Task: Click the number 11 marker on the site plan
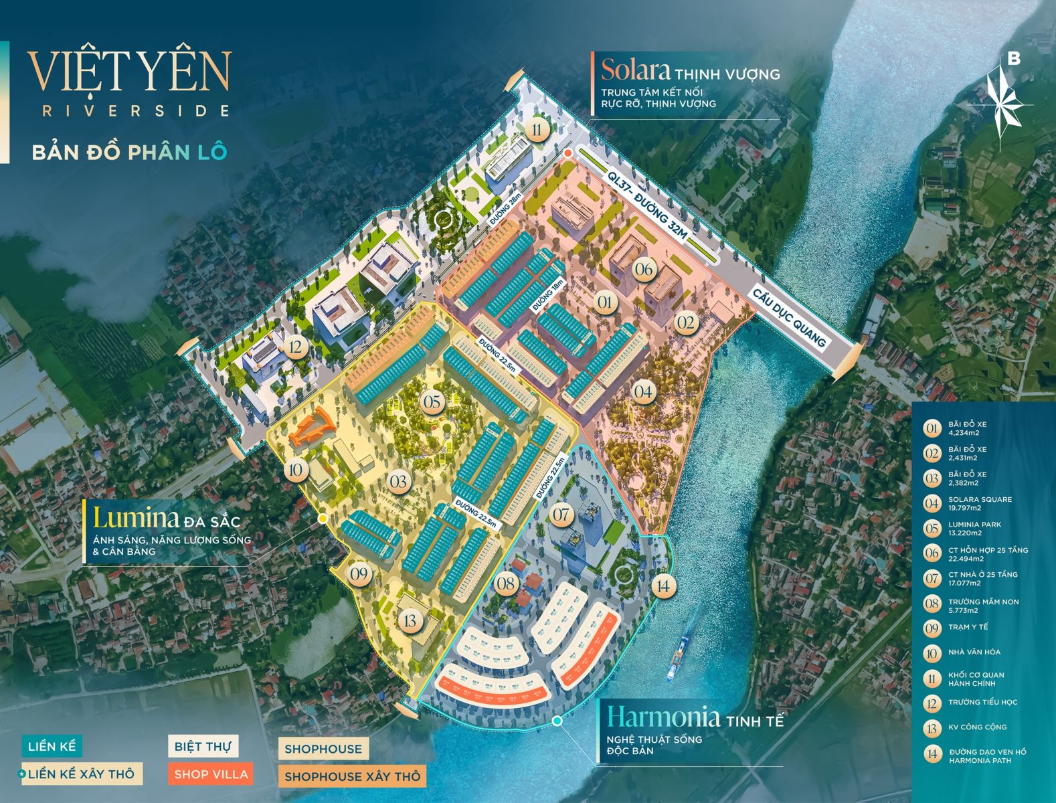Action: [x=537, y=129]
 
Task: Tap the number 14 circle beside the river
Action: [x=663, y=586]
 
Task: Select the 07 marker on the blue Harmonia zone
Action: [x=561, y=515]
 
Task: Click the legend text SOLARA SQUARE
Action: [x=980, y=499]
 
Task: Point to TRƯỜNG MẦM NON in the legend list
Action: [x=983, y=602]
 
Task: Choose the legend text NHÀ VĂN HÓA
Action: [x=974, y=652]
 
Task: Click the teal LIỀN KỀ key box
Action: [x=52, y=746]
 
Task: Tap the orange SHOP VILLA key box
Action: [x=211, y=774]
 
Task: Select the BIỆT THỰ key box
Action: [x=202, y=746]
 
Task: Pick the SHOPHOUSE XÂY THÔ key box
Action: [x=352, y=776]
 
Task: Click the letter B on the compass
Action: [x=1014, y=59]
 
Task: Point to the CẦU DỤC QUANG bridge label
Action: [x=789, y=318]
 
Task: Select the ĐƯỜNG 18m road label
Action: [x=548, y=295]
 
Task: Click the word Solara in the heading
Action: [x=635, y=70]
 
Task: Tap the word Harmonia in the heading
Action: [x=663, y=717]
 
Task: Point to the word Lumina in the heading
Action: [x=136, y=518]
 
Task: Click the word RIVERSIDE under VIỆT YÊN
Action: [x=136, y=111]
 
